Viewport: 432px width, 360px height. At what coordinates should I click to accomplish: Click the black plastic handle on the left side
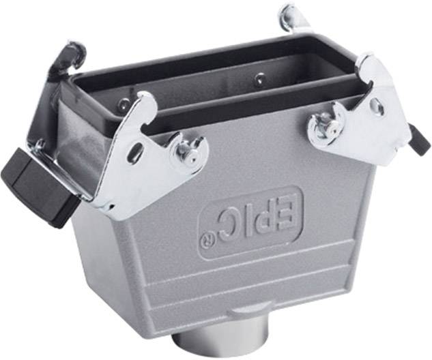[38, 181]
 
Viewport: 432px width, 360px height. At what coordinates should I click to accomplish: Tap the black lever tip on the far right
[419, 140]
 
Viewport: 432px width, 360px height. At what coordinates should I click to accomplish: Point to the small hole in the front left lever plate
[137, 153]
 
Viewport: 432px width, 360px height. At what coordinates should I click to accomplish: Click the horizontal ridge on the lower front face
[273, 286]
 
